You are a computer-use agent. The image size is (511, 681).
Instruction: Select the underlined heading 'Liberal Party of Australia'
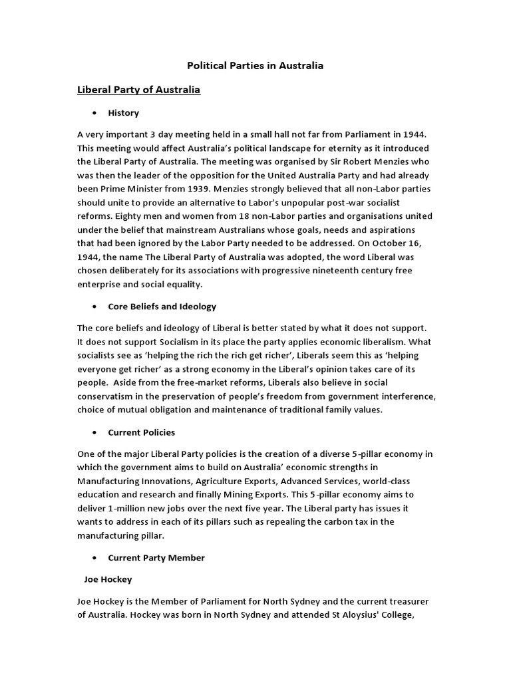coord(139,89)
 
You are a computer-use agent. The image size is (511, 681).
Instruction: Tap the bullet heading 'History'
coord(124,113)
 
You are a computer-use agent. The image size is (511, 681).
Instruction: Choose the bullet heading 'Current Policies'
coord(142,432)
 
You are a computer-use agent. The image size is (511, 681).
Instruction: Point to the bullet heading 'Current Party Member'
coord(156,557)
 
